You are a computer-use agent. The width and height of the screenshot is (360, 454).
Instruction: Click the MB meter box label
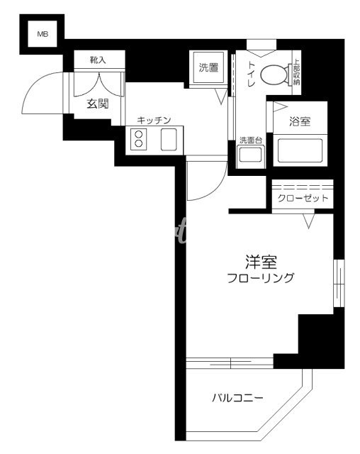pyautogui.click(x=43, y=33)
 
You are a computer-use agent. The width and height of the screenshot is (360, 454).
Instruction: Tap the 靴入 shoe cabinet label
pyautogui.click(x=97, y=60)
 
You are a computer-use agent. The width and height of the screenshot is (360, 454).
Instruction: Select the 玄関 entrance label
pyautogui.click(x=98, y=104)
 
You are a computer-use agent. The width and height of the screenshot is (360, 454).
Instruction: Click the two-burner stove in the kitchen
pyautogui.click(x=139, y=138)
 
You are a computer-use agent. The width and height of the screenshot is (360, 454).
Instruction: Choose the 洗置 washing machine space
pyautogui.click(x=209, y=69)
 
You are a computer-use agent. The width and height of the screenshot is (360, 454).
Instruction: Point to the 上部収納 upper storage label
pyautogui.click(x=296, y=72)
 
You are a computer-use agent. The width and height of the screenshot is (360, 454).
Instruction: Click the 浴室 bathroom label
pyautogui.click(x=300, y=121)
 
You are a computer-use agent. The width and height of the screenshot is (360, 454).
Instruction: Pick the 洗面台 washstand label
pyautogui.click(x=250, y=140)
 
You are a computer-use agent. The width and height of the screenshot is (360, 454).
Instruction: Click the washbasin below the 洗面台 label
pyautogui.click(x=250, y=157)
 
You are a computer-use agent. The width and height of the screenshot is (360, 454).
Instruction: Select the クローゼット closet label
pyautogui.click(x=302, y=198)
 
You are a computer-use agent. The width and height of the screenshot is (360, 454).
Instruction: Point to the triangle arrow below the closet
pyautogui.click(x=310, y=223)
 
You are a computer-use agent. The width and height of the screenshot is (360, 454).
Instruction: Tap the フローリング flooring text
pyautogui.click(x=260, y=279)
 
